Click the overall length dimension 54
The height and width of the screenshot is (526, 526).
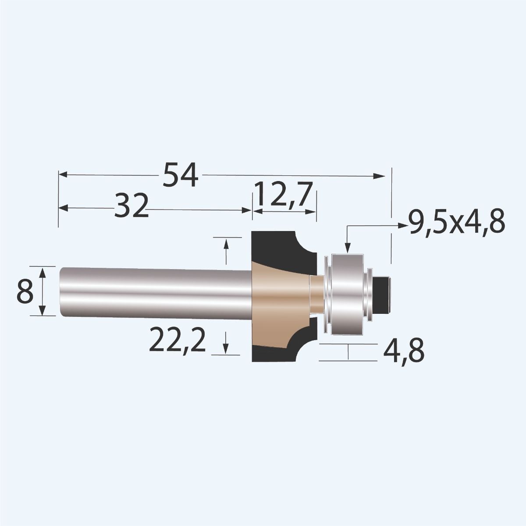tap(181, 175)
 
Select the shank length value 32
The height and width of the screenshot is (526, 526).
tap(130, 207)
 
